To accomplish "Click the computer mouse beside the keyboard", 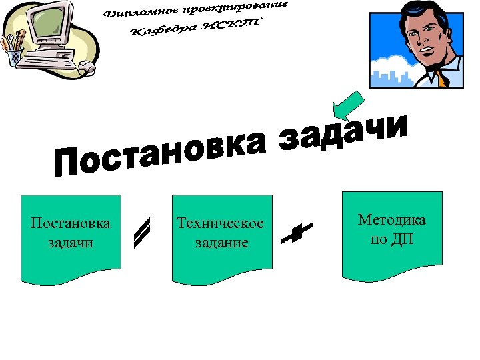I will pyautogui.click(x=87, y=66).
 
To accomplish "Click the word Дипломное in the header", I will pyautogui.click(x=140, y=13).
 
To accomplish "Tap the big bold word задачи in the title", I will pyautogui.click(x=343, y=130).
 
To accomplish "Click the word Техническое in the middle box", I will pyautogui.click(x=220, y=223).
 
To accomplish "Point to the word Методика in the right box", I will pyautogui.click(x=392, y=220).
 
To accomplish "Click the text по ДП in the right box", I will pyautogui.click(x=392, y=239).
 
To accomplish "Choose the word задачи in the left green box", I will pyautogui.click(x=71, y=242).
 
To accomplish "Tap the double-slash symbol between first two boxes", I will pyautogui.click(x=141, y=233).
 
